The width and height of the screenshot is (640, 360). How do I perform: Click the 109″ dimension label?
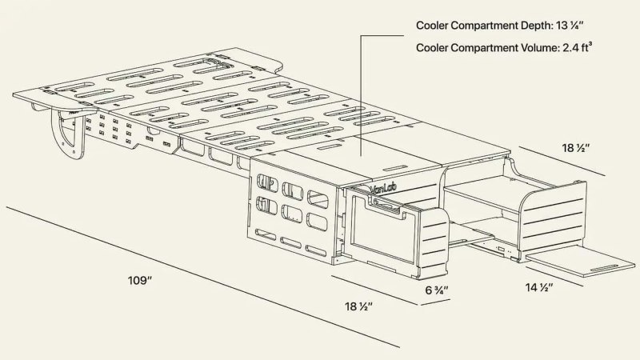coord(140,281)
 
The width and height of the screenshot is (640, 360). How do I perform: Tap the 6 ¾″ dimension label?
coord(437,290)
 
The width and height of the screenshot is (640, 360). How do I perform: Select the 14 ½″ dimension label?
coord(539,288)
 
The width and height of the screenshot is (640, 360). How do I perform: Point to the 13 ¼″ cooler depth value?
coord(570,26)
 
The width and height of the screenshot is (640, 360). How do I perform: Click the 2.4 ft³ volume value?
coord(578,47)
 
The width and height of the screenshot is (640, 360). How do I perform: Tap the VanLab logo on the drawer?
coord(384,188)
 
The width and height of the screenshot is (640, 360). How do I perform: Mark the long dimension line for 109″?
coord(203,277)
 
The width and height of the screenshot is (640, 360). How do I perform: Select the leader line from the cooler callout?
coord(362,94)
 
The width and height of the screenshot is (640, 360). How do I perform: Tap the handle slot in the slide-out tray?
coord(605,268)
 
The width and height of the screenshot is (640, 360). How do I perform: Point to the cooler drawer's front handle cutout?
coord(386,206)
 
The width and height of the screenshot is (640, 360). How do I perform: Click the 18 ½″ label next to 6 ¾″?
coord(358,306)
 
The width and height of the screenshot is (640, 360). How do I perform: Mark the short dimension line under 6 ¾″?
coord(435,302)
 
